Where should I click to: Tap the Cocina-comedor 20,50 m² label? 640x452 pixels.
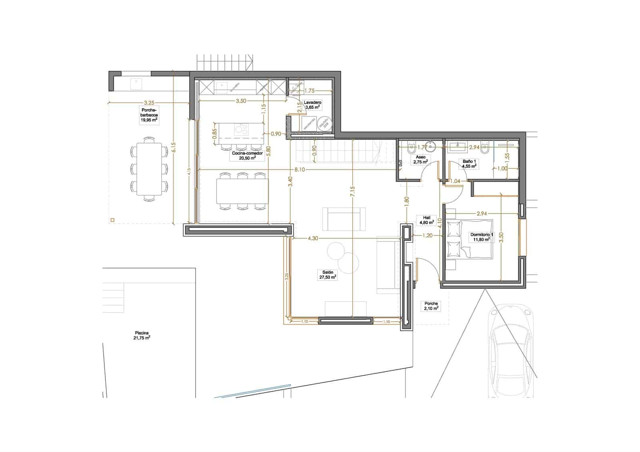point(248,155)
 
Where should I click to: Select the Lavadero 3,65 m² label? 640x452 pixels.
point(312,105)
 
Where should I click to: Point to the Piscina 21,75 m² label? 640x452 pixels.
point(142,335)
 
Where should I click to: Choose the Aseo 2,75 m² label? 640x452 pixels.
point(420,160)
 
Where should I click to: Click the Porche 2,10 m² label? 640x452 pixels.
point(431,306)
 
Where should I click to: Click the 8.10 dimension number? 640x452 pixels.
point(300,170)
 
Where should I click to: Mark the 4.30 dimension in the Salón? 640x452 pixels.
point(313,238)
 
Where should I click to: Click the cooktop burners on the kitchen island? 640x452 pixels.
point(241,129)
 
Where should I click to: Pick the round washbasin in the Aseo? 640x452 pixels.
point(431,145)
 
